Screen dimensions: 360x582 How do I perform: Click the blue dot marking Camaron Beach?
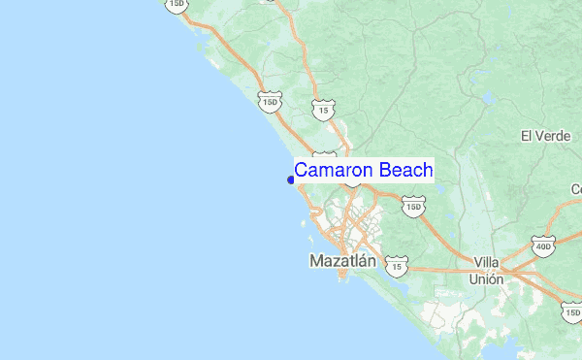[x=291, y=179]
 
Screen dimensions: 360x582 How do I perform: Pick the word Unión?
[x=488, y=278]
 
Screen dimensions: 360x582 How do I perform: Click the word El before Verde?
[x=527, y=136]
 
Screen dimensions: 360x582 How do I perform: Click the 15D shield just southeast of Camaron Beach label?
[x=414, y=207]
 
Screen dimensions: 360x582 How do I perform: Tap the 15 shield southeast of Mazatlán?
[x=396, y=264]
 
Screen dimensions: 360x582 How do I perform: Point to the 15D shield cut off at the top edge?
[x=176, y=5]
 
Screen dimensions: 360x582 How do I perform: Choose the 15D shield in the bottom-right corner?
[x=572, y=311]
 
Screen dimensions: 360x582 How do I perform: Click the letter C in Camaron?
[x=302, y=170]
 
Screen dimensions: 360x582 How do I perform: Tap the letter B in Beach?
[x=384, y=170]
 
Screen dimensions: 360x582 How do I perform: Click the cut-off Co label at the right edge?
[x=576, y=188]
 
